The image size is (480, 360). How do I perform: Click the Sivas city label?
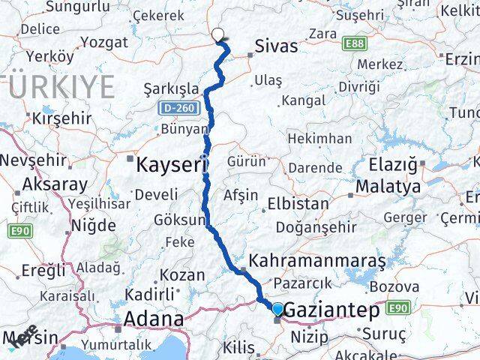276,46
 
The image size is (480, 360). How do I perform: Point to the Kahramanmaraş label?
317,262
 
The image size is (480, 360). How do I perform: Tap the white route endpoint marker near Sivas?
218,34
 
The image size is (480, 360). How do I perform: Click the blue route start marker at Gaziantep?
277,309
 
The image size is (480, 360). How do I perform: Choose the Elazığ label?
393,163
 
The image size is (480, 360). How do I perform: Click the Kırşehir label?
61,118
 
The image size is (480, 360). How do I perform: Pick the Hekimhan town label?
319,139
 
